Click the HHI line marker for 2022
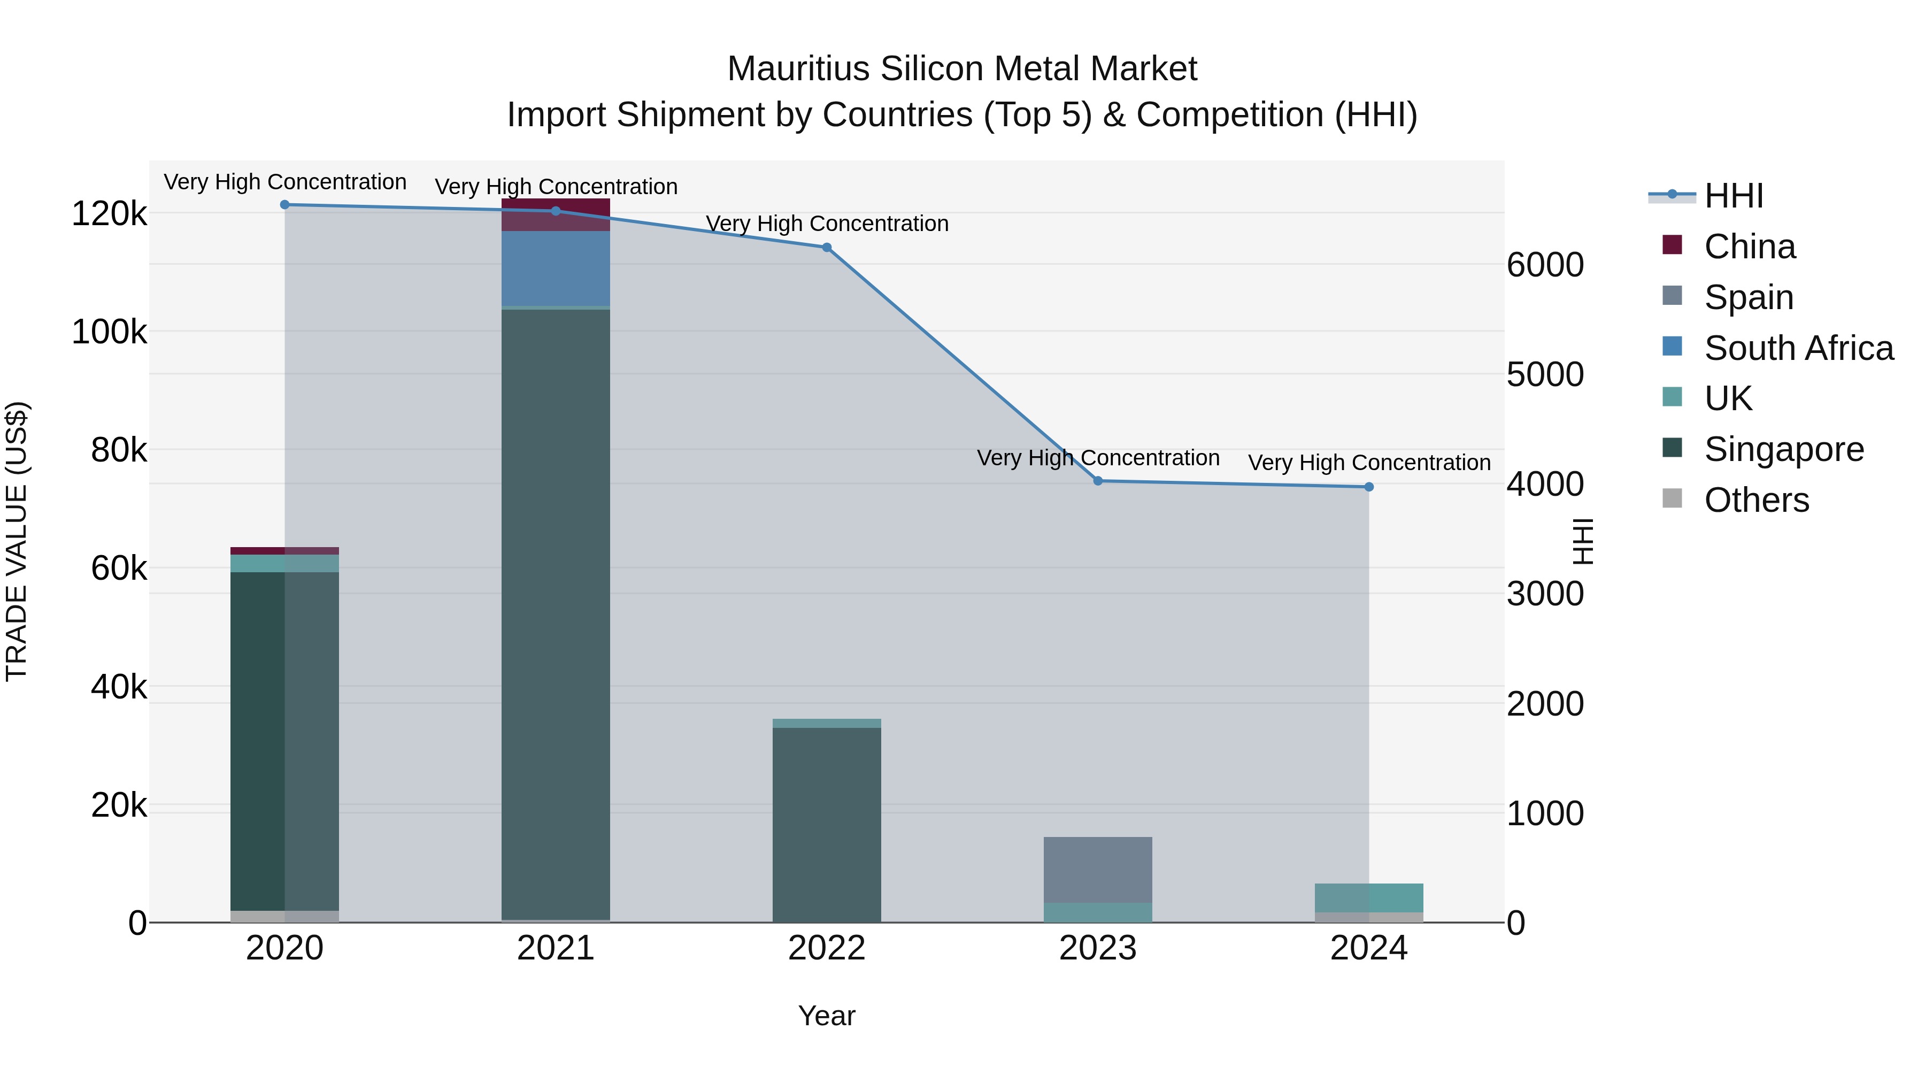click(x=827, y=248)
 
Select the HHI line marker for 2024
click(x=1368, y=487)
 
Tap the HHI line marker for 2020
click(x=284, y=205)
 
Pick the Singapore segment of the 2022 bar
click(x=827, y=822)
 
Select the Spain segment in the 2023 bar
click(x=1097, y=869)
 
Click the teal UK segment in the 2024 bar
click(x=1368, y=897)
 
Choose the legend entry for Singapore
click(x=1783, y=449)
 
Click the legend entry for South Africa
click(x=1797, y=348)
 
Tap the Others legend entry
click(x=1755, y=500)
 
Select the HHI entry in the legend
click(x=1733, y=196)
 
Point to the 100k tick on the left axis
click(x=109, y=332)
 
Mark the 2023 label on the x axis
click(x=1097, y=948)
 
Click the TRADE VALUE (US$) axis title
click(x=17, y=541)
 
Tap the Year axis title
click(x=827, y=1016)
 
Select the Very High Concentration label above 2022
click(x=827, y=224)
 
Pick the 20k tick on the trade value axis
click(x=119, y=805)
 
